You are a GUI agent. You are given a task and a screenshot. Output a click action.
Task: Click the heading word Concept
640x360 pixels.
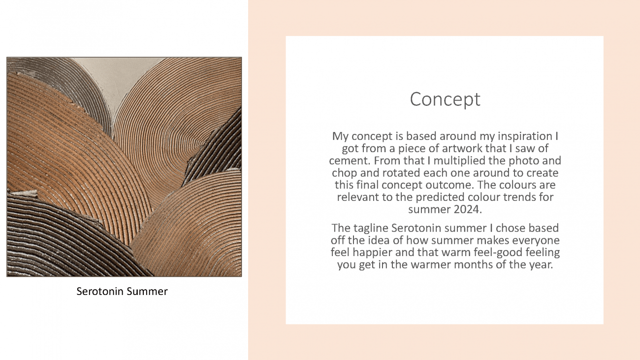(x=445, y=99)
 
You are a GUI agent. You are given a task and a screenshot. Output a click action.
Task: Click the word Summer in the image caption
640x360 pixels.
(x=147, y=291)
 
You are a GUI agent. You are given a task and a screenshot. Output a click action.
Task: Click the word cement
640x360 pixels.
(x=350, y=161)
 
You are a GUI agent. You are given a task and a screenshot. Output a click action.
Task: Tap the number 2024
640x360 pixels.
(x=468, y=209)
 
